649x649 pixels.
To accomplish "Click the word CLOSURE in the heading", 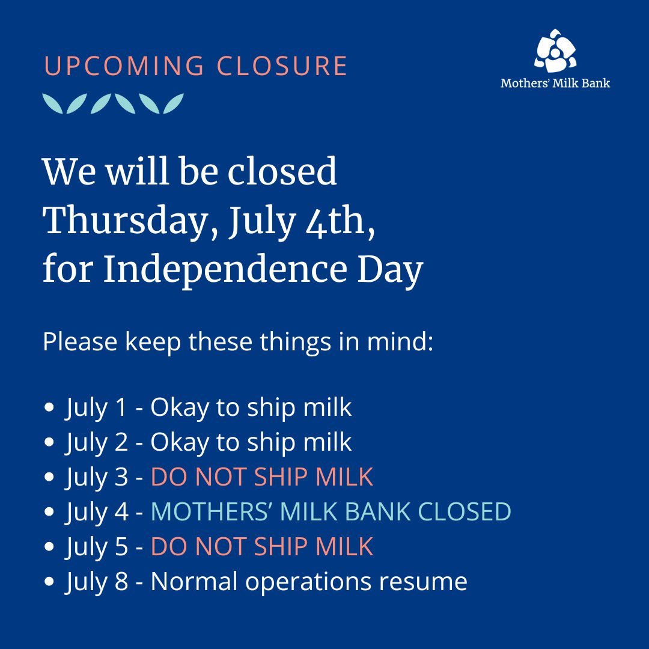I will click(x=282, y=67).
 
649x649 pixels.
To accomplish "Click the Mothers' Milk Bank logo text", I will click(x=555, y=84).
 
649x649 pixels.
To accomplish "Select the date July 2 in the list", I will click(x=97, y=443).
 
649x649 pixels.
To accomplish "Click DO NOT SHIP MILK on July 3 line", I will click(x=262, y=478).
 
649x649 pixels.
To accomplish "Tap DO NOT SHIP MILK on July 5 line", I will click(x=262, y=547).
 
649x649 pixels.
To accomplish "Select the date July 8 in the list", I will click(x=97, y=582).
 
